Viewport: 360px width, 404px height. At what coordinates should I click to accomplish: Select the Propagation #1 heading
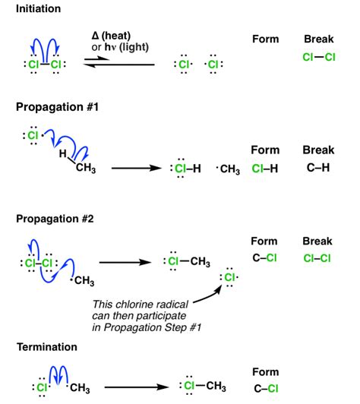coord(55,108)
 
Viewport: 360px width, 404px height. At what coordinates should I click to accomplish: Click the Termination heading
coord(47,346)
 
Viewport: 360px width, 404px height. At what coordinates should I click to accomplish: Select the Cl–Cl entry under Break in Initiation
coord(318,56)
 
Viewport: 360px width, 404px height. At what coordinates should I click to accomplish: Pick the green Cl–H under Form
coord(266,168)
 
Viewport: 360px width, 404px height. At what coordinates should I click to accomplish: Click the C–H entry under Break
coord(318,168)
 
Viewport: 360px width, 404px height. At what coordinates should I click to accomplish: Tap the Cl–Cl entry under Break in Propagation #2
coord(318,257)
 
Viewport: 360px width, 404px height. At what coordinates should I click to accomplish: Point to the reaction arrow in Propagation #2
coord(125,263)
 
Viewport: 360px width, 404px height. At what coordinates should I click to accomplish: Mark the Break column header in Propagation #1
coord(318,150)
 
